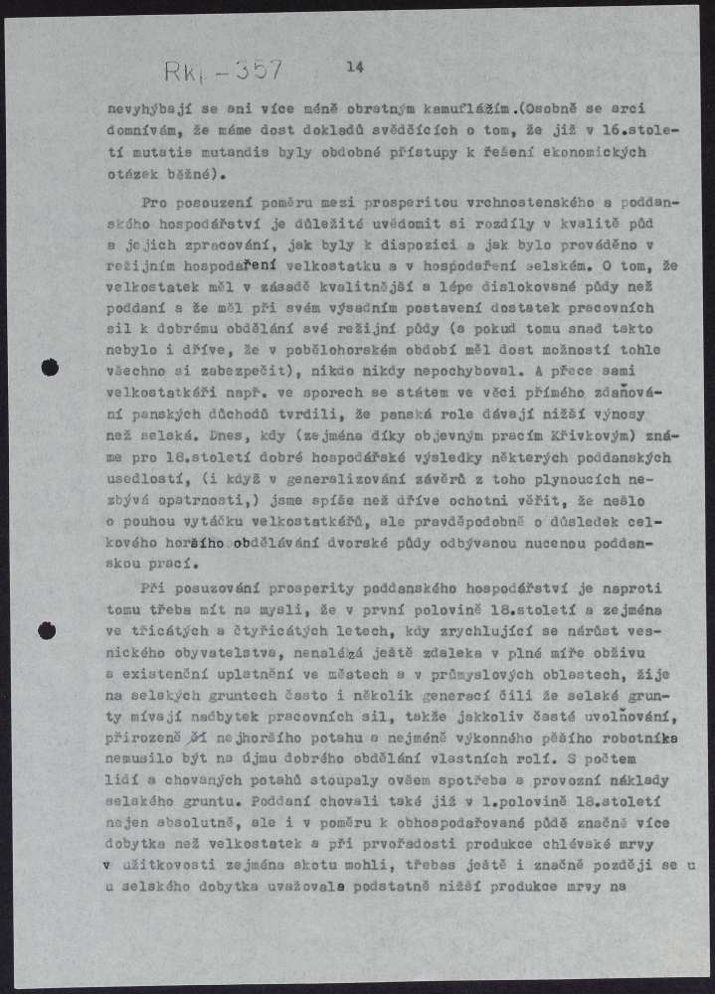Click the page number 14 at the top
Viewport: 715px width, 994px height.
[356, 67]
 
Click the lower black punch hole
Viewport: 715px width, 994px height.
[47, 630]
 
